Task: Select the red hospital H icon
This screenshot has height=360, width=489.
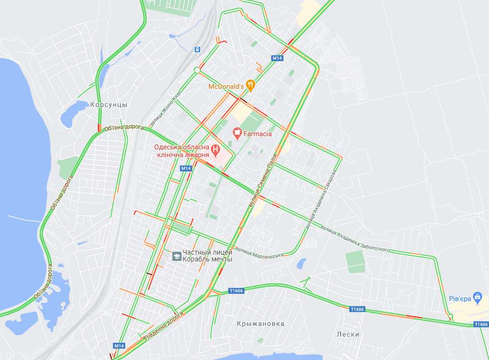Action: [x=215, y=149]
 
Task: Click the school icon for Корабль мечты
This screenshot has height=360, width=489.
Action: [x=176, y=256]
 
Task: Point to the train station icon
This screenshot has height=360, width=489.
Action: [x=197, y=49]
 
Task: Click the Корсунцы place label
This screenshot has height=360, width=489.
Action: [x=108, y=104]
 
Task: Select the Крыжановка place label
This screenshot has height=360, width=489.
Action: [x=260, y=323]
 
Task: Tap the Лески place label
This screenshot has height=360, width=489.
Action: [x=348, y=334]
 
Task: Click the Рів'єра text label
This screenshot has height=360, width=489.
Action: [x=459, y=298]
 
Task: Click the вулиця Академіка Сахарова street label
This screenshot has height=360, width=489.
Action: [x=322, y=200]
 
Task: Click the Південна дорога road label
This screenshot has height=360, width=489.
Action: [x=163, y=327]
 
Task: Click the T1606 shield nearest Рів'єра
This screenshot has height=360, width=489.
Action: [x=481, y=324]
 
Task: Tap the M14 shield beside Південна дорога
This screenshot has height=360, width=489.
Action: [x=119, y=346]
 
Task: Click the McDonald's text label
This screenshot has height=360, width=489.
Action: [x=226, y=86]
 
